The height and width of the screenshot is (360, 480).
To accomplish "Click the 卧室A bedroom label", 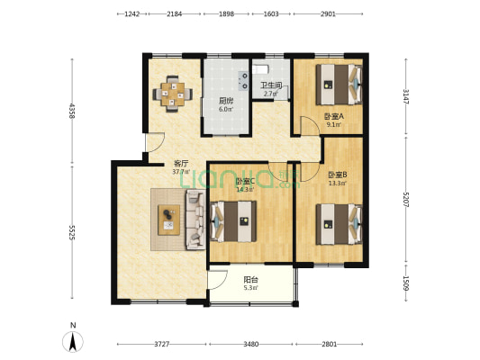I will [332, 117].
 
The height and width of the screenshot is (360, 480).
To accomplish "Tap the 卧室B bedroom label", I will [337, 175].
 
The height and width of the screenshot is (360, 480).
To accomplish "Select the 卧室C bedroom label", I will [244, 182].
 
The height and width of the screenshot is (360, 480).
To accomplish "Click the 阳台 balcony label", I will [251, 280].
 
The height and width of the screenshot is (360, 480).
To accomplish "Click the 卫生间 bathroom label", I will [272, 86].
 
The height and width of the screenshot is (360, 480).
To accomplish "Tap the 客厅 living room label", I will [180, 164].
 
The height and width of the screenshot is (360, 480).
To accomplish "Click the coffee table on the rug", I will [168, 219].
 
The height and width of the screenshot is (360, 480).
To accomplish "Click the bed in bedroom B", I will [338, 223].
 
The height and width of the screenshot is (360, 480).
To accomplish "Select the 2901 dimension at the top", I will [327, 14].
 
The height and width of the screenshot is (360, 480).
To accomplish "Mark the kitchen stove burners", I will [241, 79].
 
